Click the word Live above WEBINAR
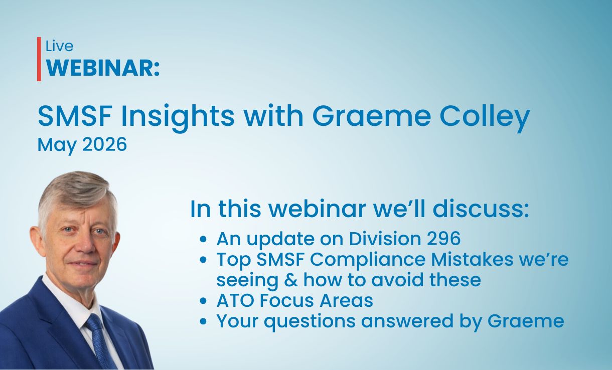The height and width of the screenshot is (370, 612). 59,46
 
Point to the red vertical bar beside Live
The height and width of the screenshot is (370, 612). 39,59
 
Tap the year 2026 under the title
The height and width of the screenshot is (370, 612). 105,144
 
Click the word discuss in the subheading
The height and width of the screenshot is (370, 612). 481,209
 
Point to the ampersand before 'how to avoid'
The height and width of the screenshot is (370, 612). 291,280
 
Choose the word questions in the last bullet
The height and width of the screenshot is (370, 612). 310,322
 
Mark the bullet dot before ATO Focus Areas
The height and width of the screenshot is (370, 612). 203,301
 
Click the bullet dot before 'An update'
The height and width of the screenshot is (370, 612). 203,240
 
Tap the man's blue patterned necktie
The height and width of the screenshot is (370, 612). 100,341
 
